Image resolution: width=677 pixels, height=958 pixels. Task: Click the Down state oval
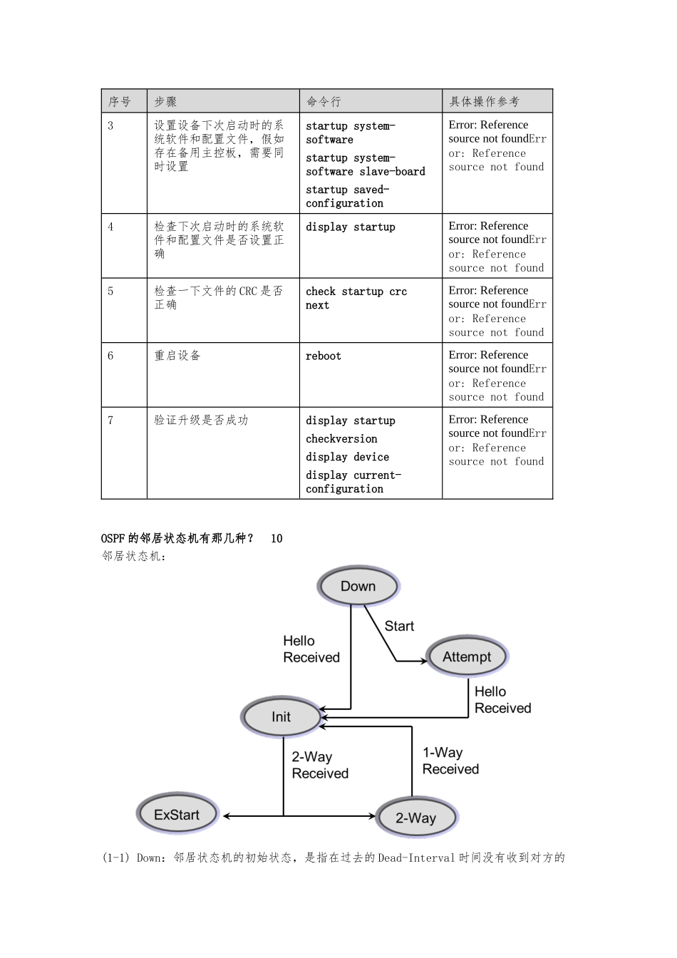click(x=358, y=587)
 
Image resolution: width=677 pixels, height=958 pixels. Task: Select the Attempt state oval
click(x=467, y=656)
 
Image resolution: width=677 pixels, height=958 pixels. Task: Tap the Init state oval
click(x=281, y=717)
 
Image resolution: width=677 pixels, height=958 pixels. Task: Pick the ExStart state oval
click(x=177, y=815)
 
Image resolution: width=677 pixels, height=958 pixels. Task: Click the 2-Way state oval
click(x=416, y=818)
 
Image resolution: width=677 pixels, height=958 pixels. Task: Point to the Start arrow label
click(x=399, y=626)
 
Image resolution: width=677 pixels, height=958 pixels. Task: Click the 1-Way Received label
click(x=450, y=761)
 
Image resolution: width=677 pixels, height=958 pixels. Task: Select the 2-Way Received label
click(x=320, y=765)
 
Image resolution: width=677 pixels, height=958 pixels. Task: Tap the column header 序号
click(x=120, y=102)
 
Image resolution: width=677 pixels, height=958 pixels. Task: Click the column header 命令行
click(x=324, y=102)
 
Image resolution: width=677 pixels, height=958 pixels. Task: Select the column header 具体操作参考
click(x=484, y=102)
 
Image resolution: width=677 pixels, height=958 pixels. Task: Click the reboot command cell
click(x=324, y=356)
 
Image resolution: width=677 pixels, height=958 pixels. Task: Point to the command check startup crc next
click(x=356, y=299)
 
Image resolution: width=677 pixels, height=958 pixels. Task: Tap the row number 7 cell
click(x=110, y=421)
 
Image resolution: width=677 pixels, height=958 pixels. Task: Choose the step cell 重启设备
click(x=177, y=356)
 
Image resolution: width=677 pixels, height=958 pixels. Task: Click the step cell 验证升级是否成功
click(x=202, y=421)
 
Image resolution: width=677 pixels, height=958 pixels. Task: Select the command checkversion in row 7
click(x=341, y=439)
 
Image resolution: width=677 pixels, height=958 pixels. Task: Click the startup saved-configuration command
click(x=347, y=197)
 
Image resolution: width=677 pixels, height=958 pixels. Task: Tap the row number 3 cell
click(x=110, y=126)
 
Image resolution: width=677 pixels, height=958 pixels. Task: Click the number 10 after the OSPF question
click(x=277, y=539)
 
